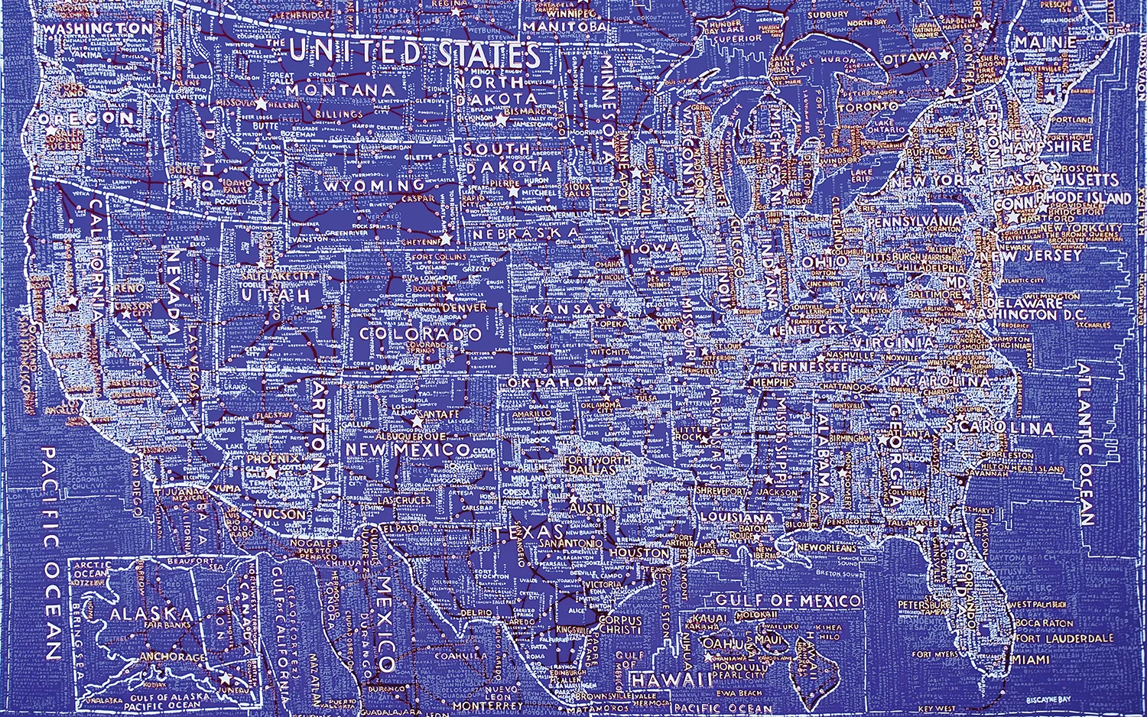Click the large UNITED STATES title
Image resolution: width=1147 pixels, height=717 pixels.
[x=415, y=54]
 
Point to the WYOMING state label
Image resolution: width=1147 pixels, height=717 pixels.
[x=374, y=186]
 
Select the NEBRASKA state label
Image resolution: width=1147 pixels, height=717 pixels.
[x=527, y=232]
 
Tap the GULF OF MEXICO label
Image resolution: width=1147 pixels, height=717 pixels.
[x=788, y=601]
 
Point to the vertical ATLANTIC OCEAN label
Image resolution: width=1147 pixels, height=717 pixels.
[x=1087, y=444]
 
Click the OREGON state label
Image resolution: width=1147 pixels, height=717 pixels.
[x=86, y=118]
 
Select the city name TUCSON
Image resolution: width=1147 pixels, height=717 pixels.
[x=278, y=514]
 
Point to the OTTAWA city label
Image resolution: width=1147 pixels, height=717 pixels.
[x=910, y=58]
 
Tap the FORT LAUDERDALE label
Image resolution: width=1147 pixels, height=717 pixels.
[x=1064, y=638]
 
